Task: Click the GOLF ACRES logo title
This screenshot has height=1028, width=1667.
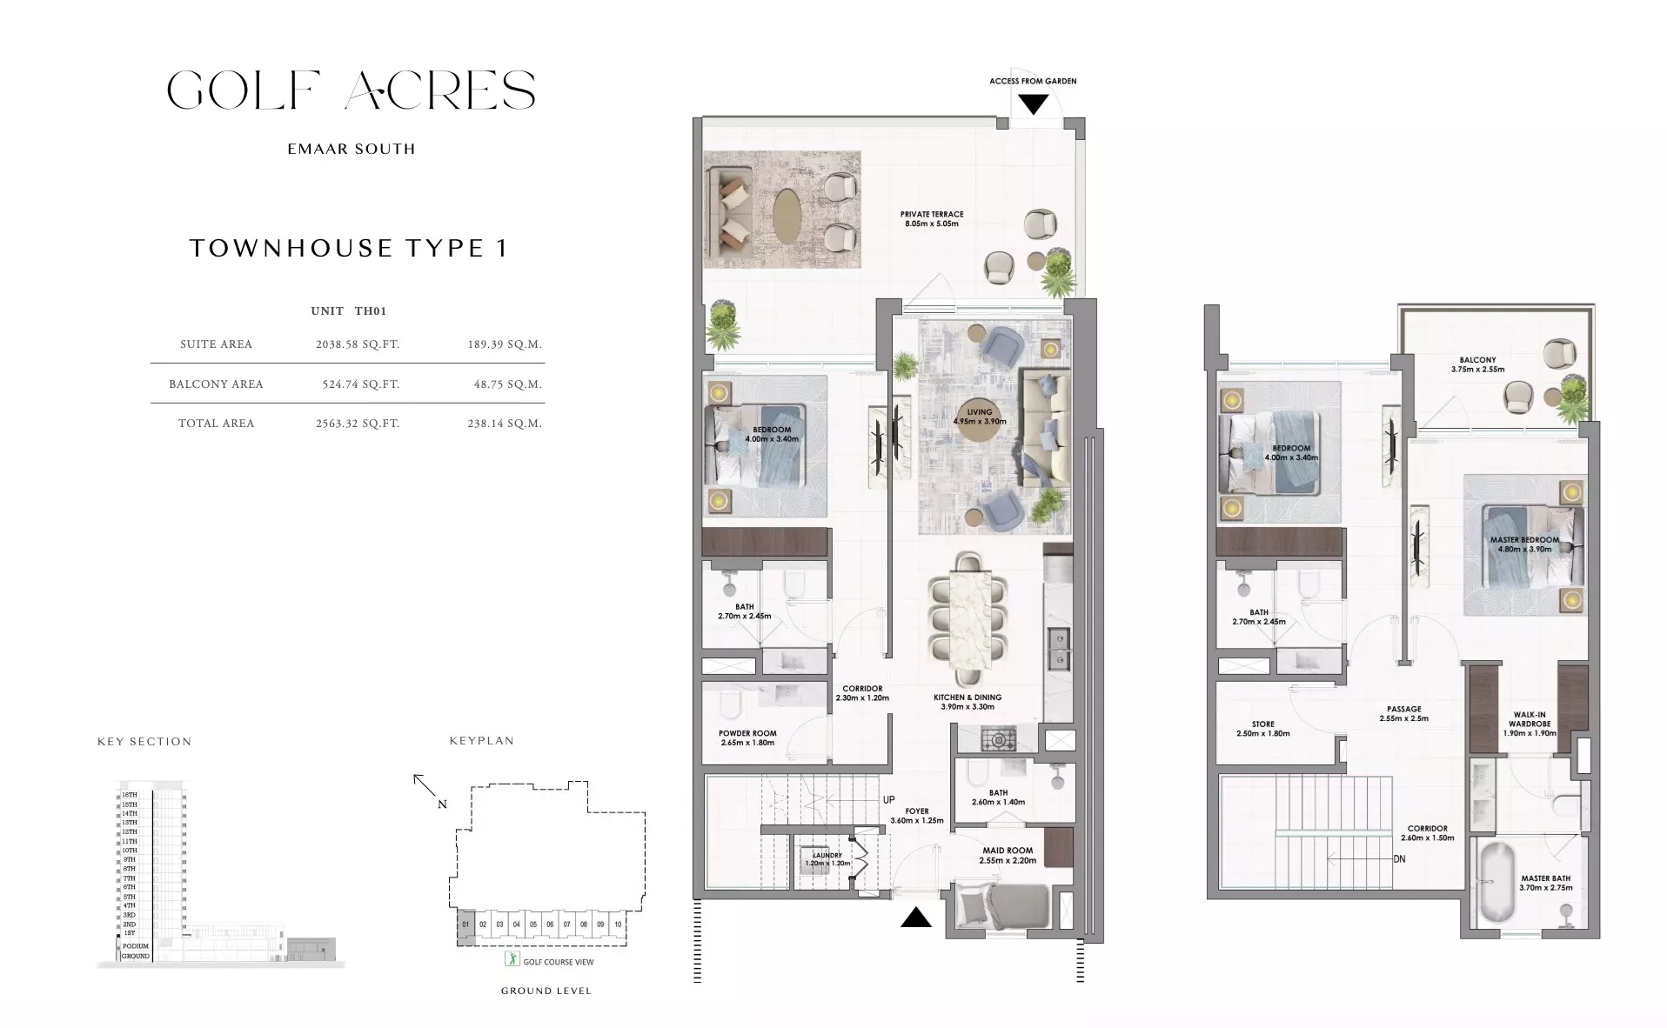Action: point(351,90)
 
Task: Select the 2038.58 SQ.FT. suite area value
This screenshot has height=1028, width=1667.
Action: point(358,344)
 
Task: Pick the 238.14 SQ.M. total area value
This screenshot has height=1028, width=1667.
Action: point(505,424)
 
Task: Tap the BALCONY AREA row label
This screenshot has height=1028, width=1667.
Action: point(216,384)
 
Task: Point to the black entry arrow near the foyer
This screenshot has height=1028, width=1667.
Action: point(916,917)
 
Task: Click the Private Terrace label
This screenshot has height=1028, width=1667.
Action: point(932,218)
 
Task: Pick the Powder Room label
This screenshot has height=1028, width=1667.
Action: point(747,738)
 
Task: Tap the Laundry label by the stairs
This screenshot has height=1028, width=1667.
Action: point(827,859)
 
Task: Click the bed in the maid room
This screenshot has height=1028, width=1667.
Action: point(1001,907)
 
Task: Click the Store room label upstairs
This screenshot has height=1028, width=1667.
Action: point(1262,728)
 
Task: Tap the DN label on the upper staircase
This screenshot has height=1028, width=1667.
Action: point(1398,859)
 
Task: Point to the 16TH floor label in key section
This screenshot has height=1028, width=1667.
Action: point(129,795)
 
